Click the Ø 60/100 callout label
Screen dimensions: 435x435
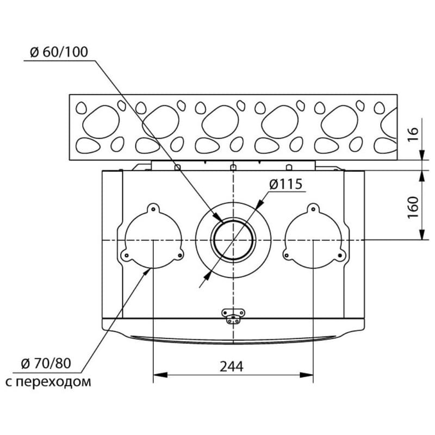(x=57, y=53)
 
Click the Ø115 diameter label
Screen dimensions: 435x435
(x=285, y=184)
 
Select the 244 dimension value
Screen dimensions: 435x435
(x=232, y=366)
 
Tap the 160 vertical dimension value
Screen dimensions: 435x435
(x=413, y=205)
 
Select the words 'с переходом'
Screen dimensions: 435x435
(x=48, y=382)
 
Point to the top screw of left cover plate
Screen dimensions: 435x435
(x=153, y=208)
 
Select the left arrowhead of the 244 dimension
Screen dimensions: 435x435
(x=157, y=375)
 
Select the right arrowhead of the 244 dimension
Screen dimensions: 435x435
(x=309, y=375)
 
